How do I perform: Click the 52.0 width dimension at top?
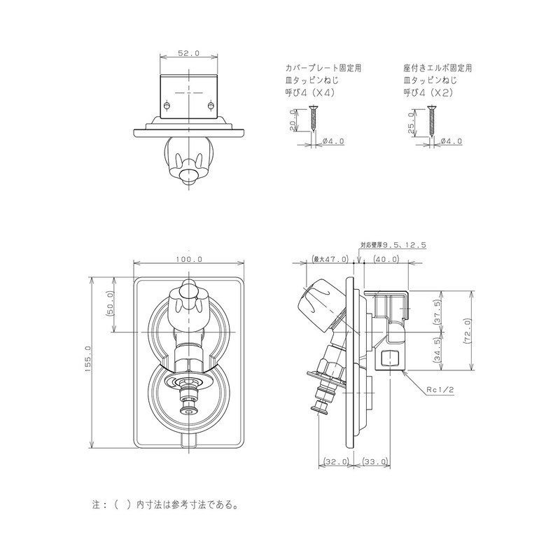(189, 53)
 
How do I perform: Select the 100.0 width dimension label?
(189, 259)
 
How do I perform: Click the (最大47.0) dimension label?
(330, 259)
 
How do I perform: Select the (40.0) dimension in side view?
(386, 259)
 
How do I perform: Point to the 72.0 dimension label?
(466, 329)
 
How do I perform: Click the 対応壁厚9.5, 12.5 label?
(393, 245)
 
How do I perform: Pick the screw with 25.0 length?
(432, 118)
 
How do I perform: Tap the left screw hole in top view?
(167, 105)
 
